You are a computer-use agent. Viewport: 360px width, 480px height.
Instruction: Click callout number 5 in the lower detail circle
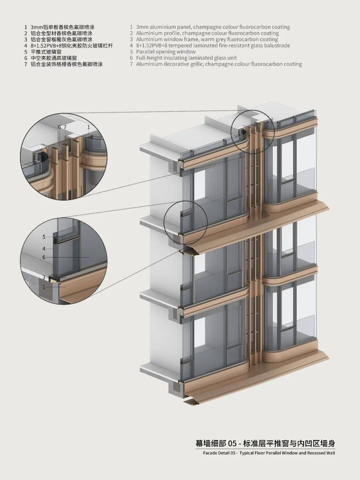pos(44,237)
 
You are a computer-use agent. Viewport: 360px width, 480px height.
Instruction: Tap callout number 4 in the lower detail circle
pos(44,249)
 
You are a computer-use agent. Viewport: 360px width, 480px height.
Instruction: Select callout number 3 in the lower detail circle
pos(44,277)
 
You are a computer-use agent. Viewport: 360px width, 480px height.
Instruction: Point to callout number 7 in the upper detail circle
pos(65,127)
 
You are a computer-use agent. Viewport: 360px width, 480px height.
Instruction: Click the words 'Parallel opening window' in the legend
pos(166,52)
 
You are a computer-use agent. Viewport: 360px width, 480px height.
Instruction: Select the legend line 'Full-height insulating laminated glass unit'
pos(186,58)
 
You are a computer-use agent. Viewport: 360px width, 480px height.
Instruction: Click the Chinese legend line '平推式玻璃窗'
pos(46,52)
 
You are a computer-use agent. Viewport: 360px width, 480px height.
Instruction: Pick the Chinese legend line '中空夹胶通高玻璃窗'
pos(54,58)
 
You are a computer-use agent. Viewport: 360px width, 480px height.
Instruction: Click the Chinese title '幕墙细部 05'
pos(216,443)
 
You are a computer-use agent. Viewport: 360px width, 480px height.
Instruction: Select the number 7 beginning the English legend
pos(132,64)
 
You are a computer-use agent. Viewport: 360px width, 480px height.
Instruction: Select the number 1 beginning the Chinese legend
pos(25,27)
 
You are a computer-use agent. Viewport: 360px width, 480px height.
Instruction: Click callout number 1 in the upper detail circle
pos(88,127)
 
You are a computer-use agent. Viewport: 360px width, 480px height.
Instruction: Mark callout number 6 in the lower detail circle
pos(44,257)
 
